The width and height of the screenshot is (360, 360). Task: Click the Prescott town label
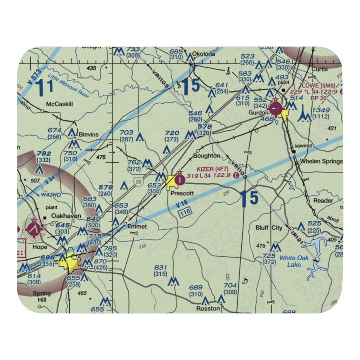click(x=182, y=193)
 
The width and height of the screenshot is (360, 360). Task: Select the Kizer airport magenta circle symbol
click(x=179, y=178)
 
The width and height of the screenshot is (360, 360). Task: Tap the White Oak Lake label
click(x=294, y=261)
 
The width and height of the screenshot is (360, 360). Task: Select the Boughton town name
click(x=206, y=156)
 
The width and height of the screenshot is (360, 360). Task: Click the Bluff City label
click(x=269, y=228)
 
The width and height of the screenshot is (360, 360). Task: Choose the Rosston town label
click(x=208, y=309)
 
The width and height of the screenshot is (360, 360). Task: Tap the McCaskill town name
click(x=59, y=104)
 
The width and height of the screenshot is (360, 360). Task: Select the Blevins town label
click(x=89, y=134)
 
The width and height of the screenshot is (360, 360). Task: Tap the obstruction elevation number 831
click(x=160, y=267)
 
